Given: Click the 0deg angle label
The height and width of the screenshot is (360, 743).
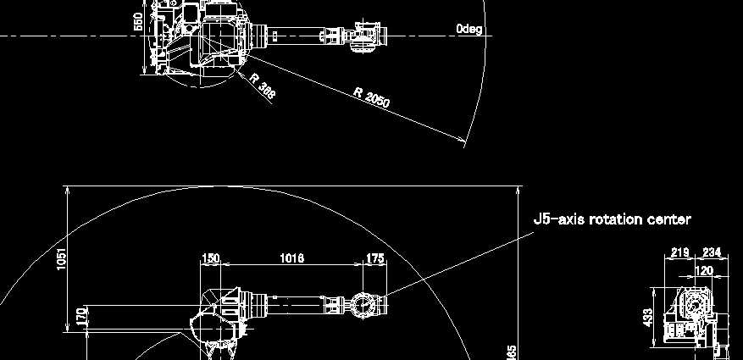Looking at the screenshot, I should click(469, 29).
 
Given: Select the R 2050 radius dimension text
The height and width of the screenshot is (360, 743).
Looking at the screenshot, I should click(372, 97).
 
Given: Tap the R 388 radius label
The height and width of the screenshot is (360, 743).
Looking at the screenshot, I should click(263, 86).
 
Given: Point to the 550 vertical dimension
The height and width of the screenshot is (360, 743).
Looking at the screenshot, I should click(138, 22).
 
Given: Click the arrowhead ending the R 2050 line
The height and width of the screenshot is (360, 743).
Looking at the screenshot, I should click(463, 141).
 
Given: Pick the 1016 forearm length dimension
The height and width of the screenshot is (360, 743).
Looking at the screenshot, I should click(291, 258).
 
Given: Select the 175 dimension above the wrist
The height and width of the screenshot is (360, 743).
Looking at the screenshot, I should click(374, 258).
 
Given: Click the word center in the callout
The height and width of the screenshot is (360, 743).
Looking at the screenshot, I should click(670, 219).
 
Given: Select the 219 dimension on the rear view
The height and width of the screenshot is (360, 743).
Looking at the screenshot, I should click(679, 252).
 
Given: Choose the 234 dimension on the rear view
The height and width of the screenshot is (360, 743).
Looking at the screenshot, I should click(711, 252).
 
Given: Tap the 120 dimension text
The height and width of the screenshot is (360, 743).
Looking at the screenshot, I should click(703, 270).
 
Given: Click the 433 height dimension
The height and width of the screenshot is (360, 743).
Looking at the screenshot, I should click(648, 318).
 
